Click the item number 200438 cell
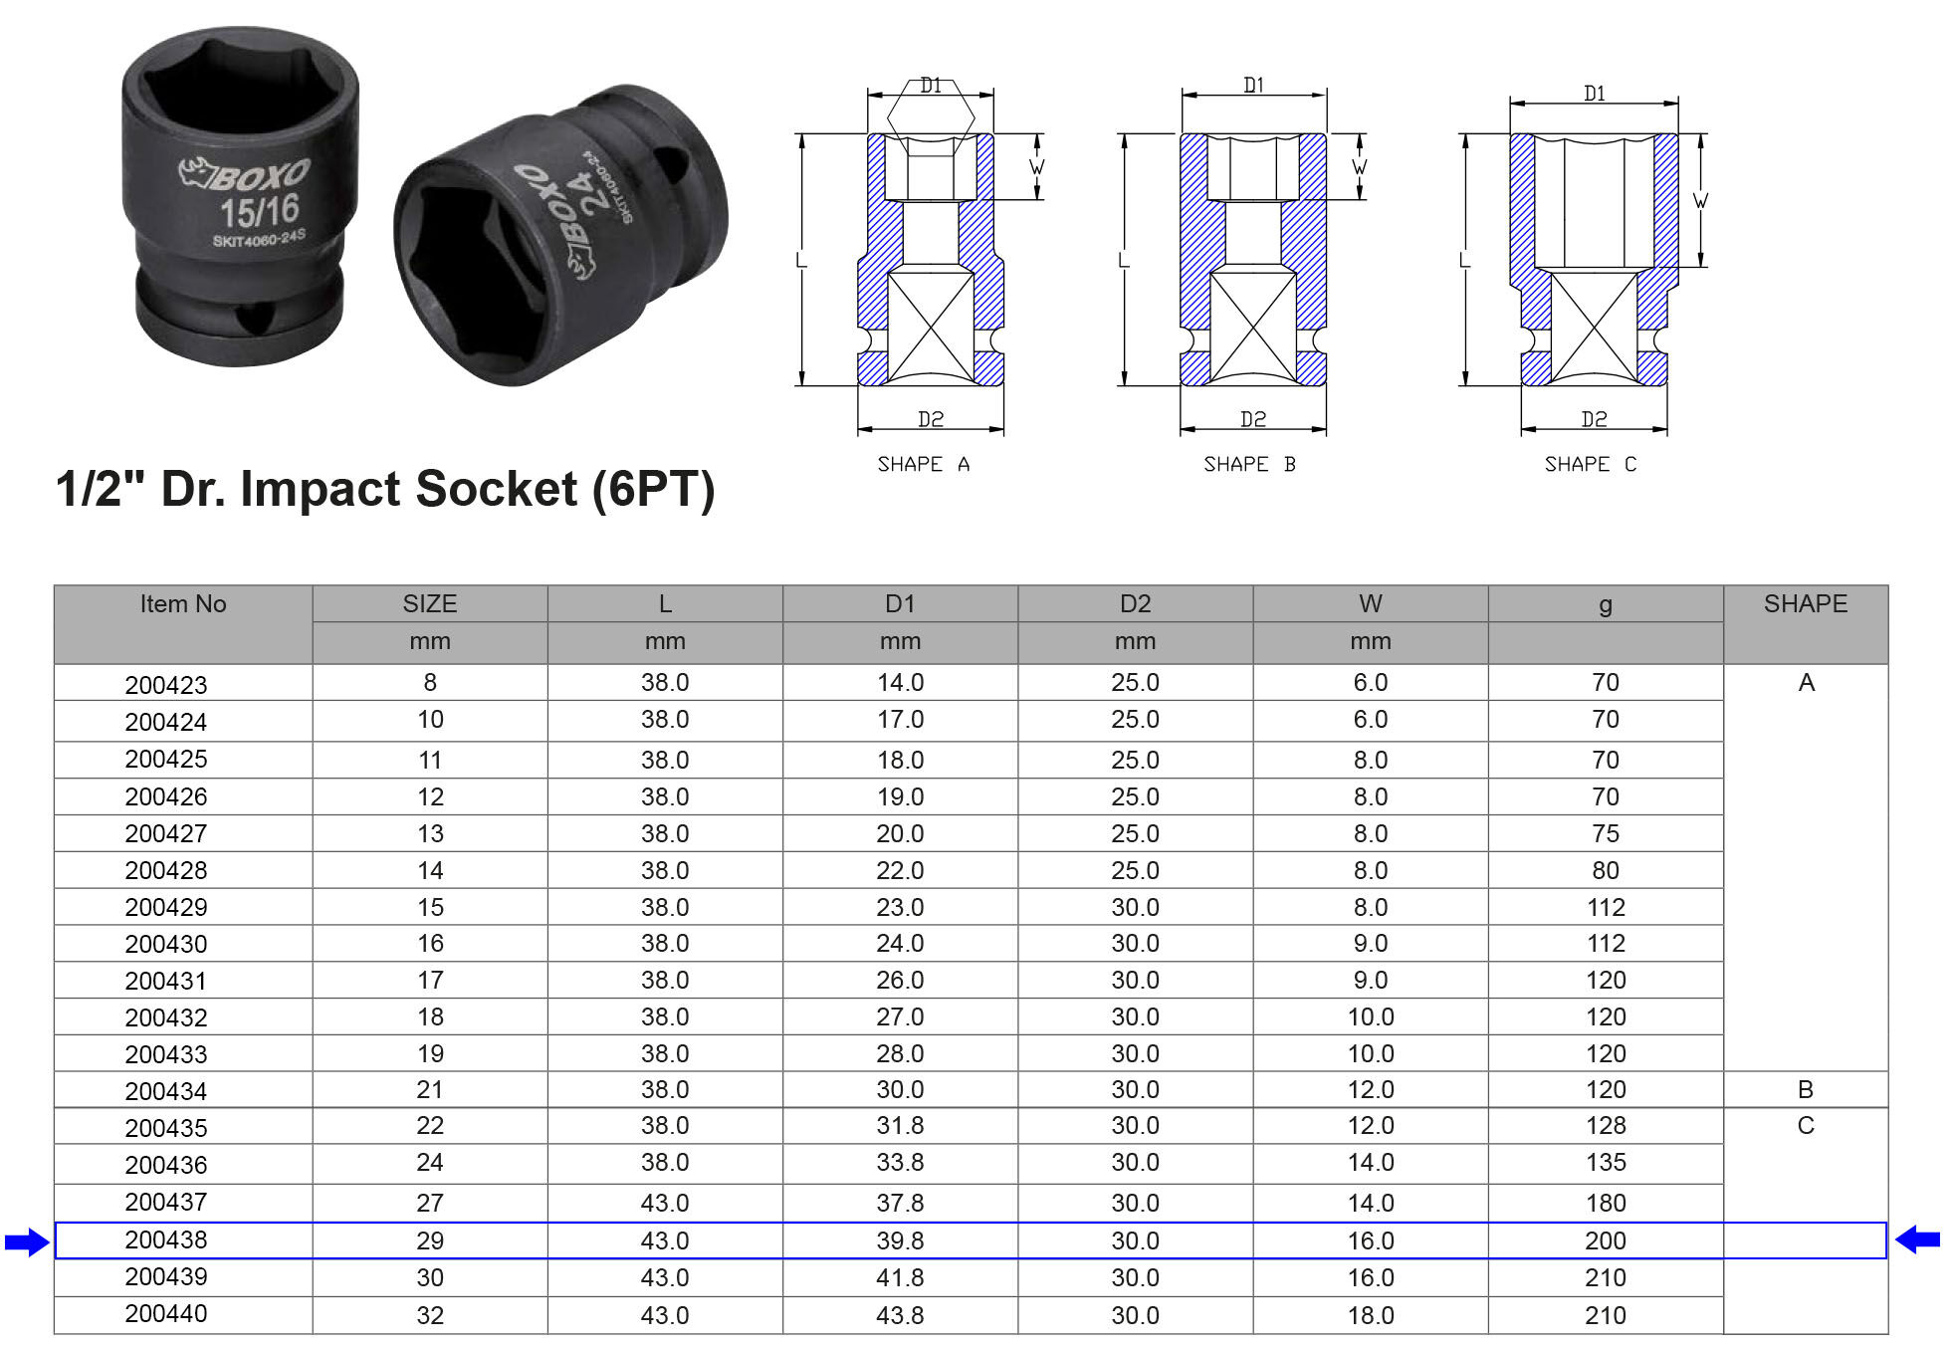[x=166, y=1239]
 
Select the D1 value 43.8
[x=900, y=1315]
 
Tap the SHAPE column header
[x=1805, y=603]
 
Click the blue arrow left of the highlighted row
[x=27, y=1241]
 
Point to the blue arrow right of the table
[x=1918, y=1239]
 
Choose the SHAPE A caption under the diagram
[x=923, y=464]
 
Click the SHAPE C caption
[x=1590, y=464]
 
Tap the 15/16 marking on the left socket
[x=260, y=210]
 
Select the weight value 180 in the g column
[x=1606, y=1203]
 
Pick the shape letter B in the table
[x=1805, y=1089]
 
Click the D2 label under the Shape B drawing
[x=1252, y=419]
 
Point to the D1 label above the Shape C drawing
[x=1594, y=94]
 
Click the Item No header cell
[x=183, y=603]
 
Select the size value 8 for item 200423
[x=430, y=682]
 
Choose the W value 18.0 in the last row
[x=1371, y=1315]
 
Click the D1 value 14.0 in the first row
[x=900, y=682]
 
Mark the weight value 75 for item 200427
[x=1606, y=833]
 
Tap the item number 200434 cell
[x=166, y=1091]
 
